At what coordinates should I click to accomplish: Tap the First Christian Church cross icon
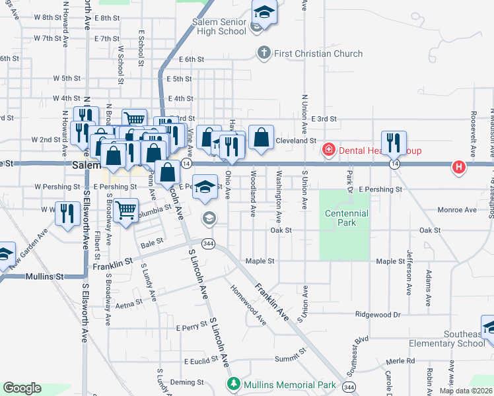pos(264,53)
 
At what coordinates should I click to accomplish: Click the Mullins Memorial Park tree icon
pos(232,384)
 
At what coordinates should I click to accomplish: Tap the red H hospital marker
pos(458,167)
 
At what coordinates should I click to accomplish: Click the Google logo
pos(22,388)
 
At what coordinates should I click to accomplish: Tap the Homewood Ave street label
pos(248,306)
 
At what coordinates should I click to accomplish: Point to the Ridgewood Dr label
pos(378,315)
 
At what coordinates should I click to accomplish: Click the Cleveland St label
pos(296,141)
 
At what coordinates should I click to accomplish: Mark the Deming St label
pos(186,382)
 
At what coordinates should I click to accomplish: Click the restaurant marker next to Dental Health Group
pos(394,143)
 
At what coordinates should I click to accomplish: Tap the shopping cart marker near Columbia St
pos(125,211)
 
